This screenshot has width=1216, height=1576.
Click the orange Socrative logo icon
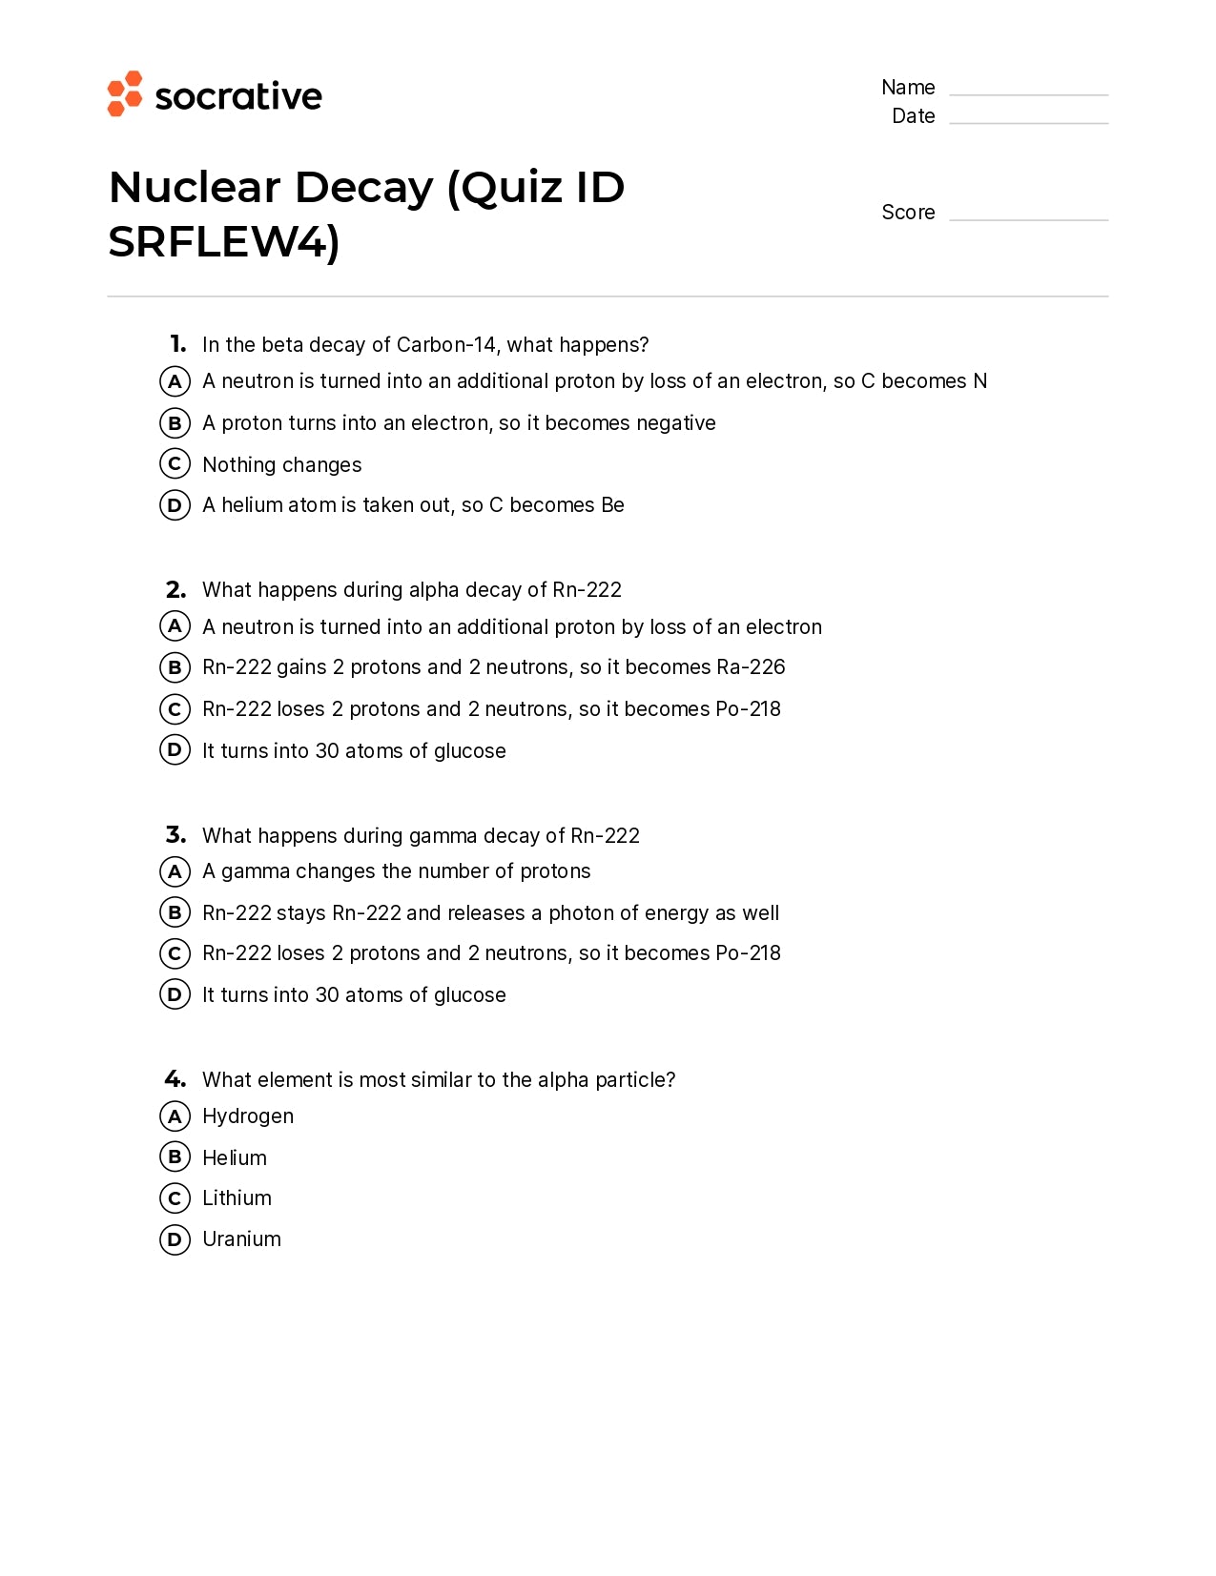pos(125,93)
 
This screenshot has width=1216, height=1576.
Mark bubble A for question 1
pos(175,381)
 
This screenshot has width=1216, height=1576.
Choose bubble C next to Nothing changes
pos(175,464)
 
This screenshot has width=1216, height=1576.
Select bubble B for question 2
pos(175,667)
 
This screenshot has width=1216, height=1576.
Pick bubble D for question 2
pos(175,750)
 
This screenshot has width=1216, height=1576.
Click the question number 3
pos(175,835)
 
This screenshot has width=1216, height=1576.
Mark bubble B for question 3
pos(175,912)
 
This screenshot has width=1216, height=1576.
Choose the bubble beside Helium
pos(175,1157)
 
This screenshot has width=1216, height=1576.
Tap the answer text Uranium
pos(241,1239)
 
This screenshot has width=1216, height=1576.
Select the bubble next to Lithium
pos(175,1198)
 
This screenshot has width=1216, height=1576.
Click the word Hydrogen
pos(248,1116)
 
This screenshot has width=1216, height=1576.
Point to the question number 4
pos(175,1079)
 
